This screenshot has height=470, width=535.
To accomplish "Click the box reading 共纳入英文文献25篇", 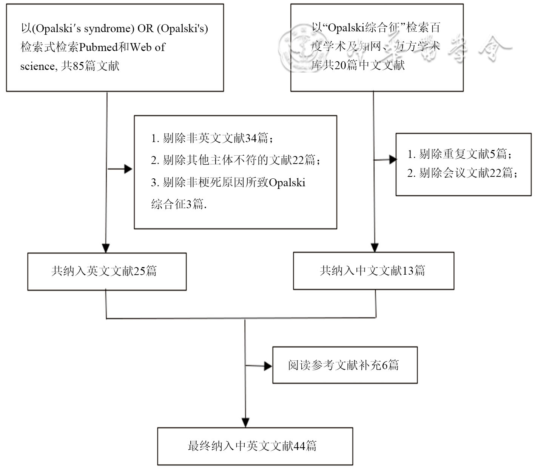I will pyautogui.click(x=107, y=271).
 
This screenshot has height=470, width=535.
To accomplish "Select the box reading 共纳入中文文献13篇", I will pyautogui.click(x=373, y=271).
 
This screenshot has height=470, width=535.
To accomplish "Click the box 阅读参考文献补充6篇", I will pyautogui.click(x=345, y=365).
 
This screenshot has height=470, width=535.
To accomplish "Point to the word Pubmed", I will pyautogui.click(x=99, y=47).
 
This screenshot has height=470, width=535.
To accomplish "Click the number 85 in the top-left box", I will pyautogui.click(x=78, y=66).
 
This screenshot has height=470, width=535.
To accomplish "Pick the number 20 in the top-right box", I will pyautogui.click(x=340, y=65).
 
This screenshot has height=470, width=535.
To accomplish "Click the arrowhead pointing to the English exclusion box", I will pyautogui.click(x=128, y=169).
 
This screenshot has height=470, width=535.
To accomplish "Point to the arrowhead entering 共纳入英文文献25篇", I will pyautogui.click(x=106, y=248).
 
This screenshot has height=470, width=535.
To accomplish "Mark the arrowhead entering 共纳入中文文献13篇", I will pyautogui.click(x=374, y=247).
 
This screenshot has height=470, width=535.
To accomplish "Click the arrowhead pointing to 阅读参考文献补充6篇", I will pyautogui.click(x=268, y=366).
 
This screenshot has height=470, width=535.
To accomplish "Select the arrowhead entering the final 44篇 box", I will pyautogui.click(x=245, y=423).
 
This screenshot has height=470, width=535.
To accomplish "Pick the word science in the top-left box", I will pyautogui.click(x=37, y=66).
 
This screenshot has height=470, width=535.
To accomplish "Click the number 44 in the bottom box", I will pyautogui.click(x=299, y=446).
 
